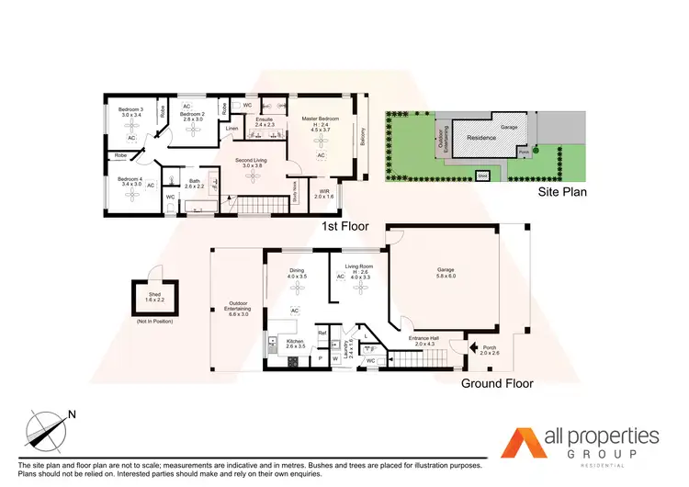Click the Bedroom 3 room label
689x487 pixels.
click(130, 110)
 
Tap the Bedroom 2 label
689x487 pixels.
click(192, 114)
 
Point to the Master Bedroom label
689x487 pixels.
click(321, 119)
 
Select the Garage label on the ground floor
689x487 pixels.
click(446, 267)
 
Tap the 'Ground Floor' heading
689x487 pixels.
click(497, 383)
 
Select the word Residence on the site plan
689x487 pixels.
click(482, 138)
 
